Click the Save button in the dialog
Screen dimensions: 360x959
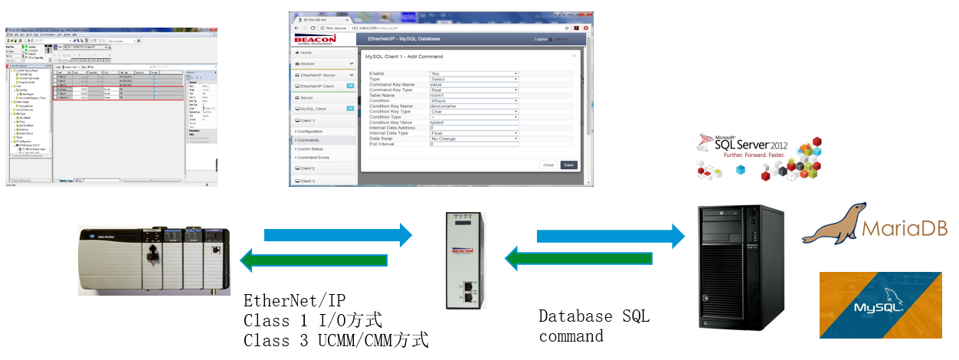568,165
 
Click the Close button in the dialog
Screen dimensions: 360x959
548,165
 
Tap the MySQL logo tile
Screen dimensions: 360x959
881,305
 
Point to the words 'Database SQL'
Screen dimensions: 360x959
594,316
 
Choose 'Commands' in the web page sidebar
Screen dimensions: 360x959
309,140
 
